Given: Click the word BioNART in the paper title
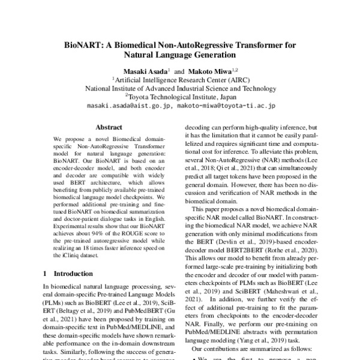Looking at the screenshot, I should [83, 44].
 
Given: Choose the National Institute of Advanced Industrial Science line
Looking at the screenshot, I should [179, 88].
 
